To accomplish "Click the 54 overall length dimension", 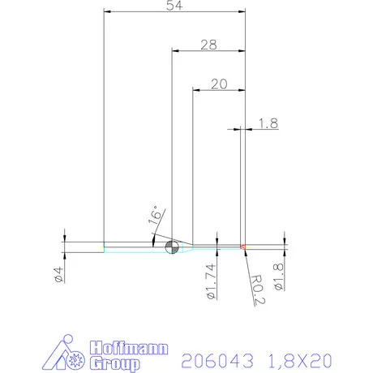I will [x=173, y=6].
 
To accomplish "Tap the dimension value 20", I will [x=217, y=84].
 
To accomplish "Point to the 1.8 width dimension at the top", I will [x=268, y=123].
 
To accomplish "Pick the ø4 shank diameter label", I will [x=58, y=274].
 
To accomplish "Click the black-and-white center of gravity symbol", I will [x=171, y=247].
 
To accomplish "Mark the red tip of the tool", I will [x=242, y=246].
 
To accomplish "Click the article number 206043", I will [x=215, y=358].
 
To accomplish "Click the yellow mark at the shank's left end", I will [x=102, y=247].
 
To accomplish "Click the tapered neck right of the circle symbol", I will [x=185, y=247].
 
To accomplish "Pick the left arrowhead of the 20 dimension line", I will [x=195, y=90].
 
